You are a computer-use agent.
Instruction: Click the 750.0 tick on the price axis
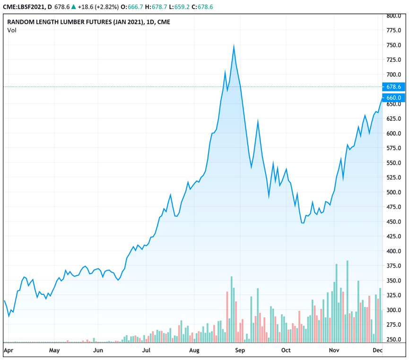(394, 45)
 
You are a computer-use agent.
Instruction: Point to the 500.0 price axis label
(394, 193)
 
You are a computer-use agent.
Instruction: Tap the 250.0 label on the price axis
(394, 340)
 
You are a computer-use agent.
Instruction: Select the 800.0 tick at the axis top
(394, 16)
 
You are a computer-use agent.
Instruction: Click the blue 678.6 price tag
(394, 87)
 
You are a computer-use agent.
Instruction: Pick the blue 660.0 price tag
(394, 98)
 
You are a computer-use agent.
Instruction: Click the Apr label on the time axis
(8, 351)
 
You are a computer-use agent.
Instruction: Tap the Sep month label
(240, 351)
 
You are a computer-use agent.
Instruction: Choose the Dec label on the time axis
(377, 351)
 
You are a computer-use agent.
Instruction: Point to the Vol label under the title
(11, 30)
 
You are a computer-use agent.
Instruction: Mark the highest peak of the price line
(234, 45)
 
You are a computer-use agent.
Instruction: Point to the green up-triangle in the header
(74, 6)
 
